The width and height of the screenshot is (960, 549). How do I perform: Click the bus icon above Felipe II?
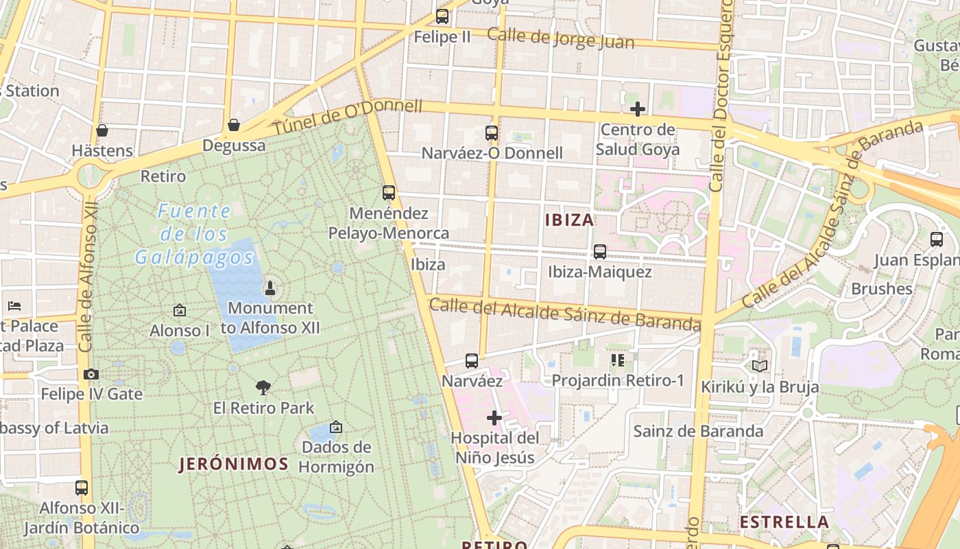[x=442, y=16]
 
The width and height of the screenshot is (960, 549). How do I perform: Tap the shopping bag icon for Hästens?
[x=102, y=130]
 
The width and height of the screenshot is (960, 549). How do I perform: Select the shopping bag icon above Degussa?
[x=234, y=125]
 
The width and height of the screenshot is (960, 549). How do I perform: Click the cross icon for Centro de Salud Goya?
[x=638, y=109]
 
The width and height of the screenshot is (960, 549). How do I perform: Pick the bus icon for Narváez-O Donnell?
[x=492, y=133]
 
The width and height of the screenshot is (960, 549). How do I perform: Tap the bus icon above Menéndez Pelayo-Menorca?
[x=389, y=193]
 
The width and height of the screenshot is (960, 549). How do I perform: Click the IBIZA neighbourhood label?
[x=569, y=220]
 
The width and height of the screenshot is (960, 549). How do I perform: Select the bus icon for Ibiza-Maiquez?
[x=600, y=252]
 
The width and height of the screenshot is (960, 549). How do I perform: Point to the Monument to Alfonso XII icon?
[x=270, y=288]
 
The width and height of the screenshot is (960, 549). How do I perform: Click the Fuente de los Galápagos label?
[x=194, y=234]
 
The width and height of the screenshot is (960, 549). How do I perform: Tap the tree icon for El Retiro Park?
[x=263, y=388]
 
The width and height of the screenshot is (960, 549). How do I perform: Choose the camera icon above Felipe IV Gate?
[x=91, y=374]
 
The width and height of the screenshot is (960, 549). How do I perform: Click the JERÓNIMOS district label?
[x=234, y=464]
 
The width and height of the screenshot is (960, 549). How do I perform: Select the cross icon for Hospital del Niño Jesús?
[x=494, y=418]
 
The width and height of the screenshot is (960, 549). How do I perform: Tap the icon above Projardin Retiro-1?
[x=618, y=360]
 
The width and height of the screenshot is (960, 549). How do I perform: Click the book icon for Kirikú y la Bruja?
[x=760, y=366]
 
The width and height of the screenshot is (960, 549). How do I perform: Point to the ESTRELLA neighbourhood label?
[x=784, y=522]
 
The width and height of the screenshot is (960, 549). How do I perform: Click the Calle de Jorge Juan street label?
[x=560, y=38]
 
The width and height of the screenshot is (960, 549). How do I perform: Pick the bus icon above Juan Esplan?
[x=937, y=240]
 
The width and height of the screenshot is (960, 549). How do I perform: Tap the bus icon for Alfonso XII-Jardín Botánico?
[x=82, y=488]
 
